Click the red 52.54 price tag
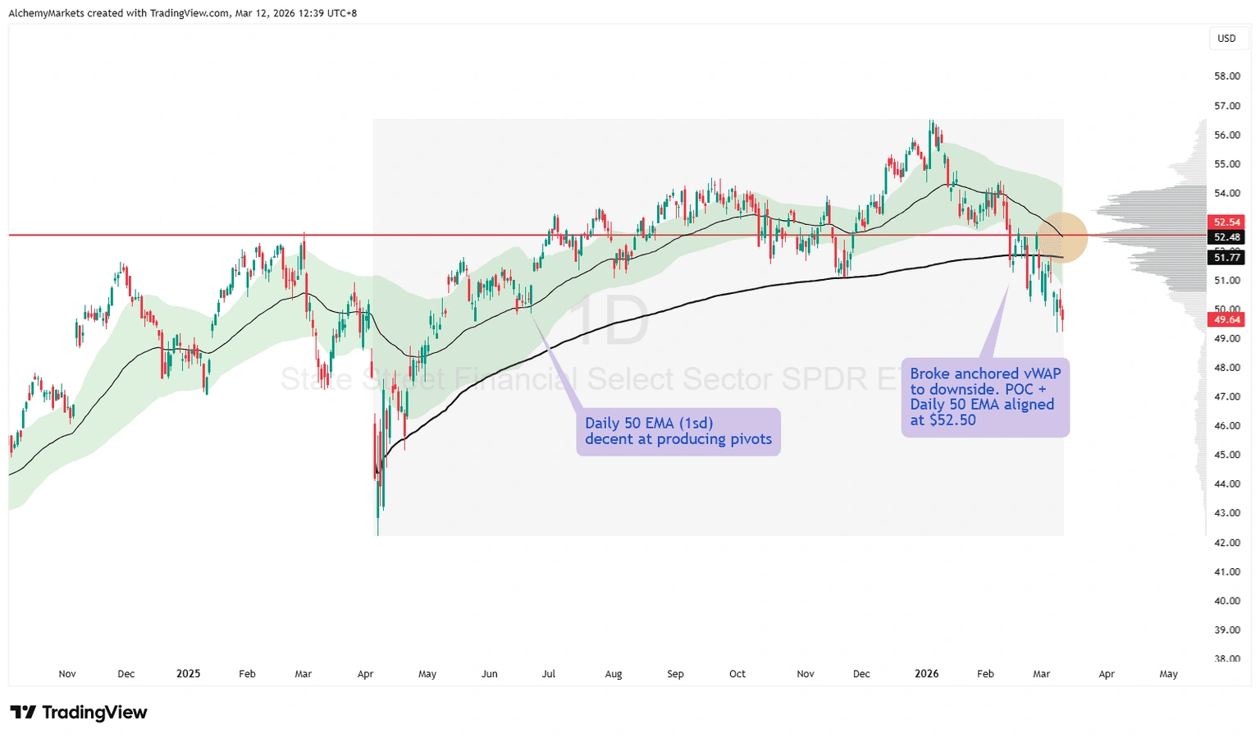point(1227,222)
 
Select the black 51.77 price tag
point(1227,258)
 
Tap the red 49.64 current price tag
point(1227,320)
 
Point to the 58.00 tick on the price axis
point(1227,76)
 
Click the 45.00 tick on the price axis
point(1227,455)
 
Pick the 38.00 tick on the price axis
point(1227,658)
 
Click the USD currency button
point(1226,39)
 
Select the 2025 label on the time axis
point(188,674)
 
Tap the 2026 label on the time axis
point(926,674)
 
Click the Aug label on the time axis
point(613,674)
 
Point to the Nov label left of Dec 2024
point(67,674)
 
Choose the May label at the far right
point(1168,674)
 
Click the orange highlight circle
point(1063,237)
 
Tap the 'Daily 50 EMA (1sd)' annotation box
point(678,431)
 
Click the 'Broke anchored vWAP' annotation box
point(985,397)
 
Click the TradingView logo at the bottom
point(79,713)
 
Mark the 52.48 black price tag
point(1227,238)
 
